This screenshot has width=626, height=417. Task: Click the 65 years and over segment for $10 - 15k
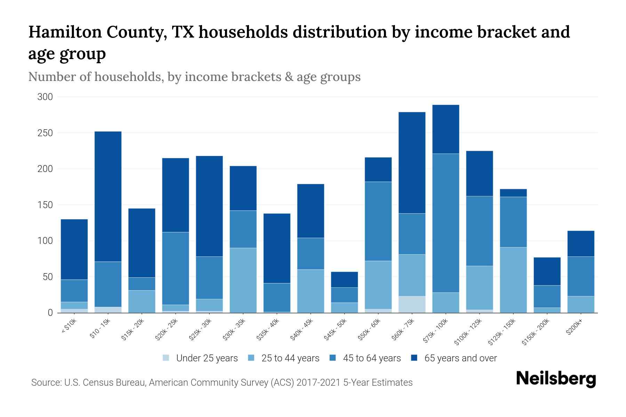108,196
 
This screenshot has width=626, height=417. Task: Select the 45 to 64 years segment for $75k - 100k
446,223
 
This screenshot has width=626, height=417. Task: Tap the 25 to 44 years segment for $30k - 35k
243,280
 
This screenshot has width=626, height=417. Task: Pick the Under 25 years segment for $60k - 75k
412,304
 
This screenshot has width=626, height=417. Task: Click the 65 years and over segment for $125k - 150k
513,193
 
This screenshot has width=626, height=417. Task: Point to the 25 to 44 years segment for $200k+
581,304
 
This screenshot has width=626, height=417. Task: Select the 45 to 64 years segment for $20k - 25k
176,268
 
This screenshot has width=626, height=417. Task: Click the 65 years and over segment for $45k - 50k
344,279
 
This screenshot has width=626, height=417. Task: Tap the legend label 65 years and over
460,358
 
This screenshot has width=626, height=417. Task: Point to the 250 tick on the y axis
45,133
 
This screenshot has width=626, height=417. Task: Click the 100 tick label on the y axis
45,241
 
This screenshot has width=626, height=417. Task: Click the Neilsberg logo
556,379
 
